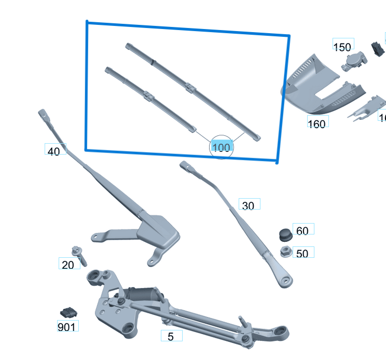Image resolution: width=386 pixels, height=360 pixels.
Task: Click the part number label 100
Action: click(x=221, y=147)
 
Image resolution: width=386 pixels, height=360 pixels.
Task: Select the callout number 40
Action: click(x=54, y=151)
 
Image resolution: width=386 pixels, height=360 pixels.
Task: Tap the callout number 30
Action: click(x=249, y=206)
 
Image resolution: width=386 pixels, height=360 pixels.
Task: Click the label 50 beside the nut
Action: click(x=302, y=254)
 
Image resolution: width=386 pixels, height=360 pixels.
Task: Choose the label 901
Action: click(x=67, y=327)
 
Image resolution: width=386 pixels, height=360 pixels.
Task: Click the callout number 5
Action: click(x=171, y=337)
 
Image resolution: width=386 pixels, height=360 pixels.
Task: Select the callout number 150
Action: click(x=342, y=47)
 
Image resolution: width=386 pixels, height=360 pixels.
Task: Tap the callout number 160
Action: click(x=316, y=123)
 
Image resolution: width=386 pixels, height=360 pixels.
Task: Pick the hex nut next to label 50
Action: click(x=284, y=253)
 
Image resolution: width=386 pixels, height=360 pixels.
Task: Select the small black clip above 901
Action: click(x=68, y=312)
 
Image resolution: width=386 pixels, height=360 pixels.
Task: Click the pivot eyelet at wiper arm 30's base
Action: click(x=284, y=280)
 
